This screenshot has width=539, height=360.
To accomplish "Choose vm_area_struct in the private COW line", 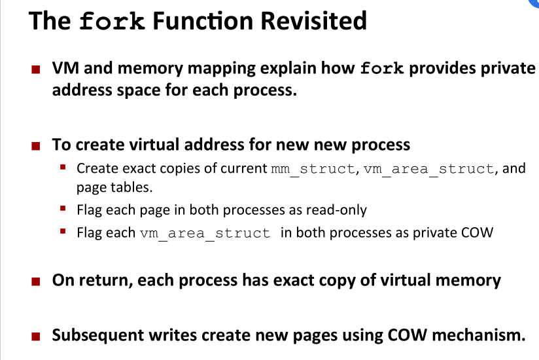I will (x=205, y=232).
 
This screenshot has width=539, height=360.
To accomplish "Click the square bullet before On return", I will (x=38, y=282).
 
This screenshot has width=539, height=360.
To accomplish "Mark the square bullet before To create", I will (x=38, y=145).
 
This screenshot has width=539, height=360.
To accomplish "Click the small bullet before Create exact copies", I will (x=63, y=168).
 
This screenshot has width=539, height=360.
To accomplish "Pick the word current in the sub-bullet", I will (x=244, y=168).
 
